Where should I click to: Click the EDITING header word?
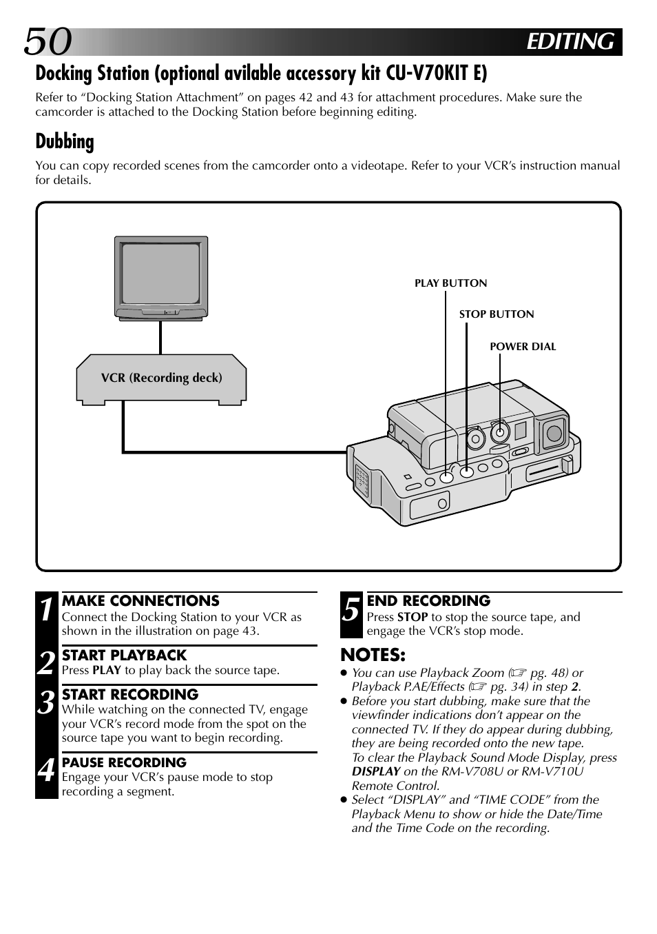tap(570, 42)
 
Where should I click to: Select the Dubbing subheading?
tap(65, 141)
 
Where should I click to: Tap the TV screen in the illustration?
tap(161, 274)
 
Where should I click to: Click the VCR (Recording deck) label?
tap(161, 378)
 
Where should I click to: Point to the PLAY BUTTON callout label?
tap(450, 283)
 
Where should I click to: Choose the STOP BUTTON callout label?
tap(497, 314)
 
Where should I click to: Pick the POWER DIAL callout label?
tap(523, 347)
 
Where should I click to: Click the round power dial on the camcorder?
tap(500, 433)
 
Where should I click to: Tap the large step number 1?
tap(46, 610)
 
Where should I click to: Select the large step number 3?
tap(46, 704)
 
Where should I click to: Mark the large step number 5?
tap(351, 610)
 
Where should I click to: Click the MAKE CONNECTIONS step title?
tap(140, 601)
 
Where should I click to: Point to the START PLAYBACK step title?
tap(124, 656)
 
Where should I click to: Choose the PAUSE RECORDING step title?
tap(124, 762)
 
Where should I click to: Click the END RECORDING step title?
tap(428, 601)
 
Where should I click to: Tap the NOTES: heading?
tap(373, 655)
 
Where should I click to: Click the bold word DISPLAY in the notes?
tap(376, 771)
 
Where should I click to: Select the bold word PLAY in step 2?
tap(107, 670)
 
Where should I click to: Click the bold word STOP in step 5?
tap(413, 617)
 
